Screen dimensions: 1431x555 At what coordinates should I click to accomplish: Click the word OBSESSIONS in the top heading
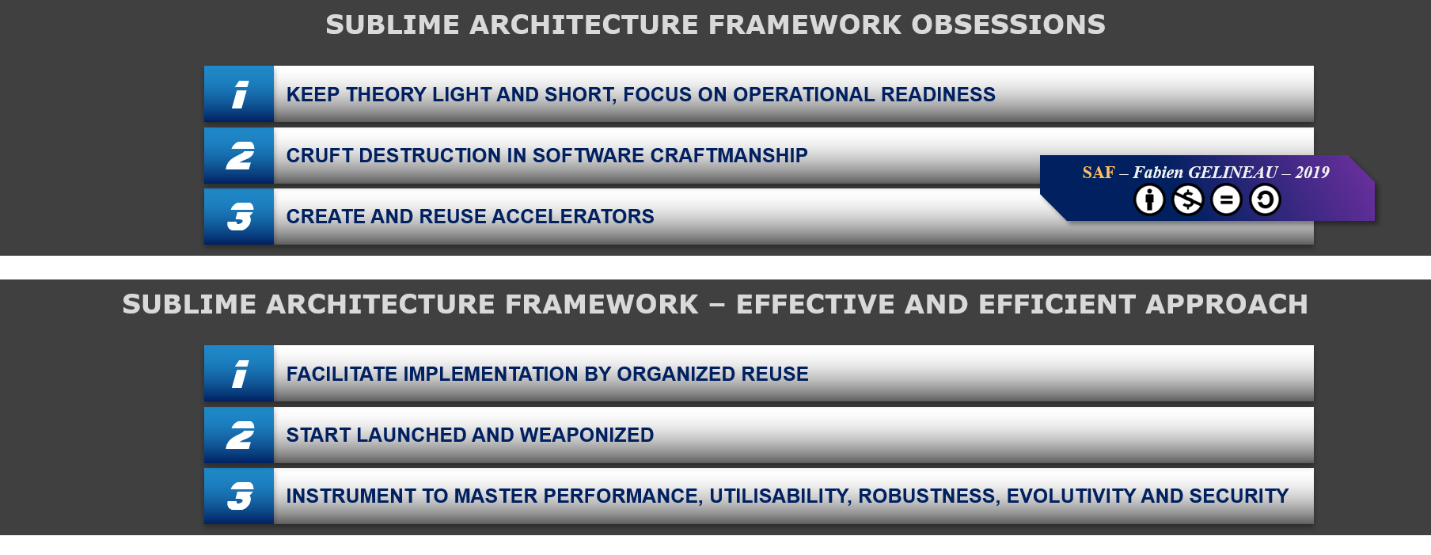[x=1008, y=25]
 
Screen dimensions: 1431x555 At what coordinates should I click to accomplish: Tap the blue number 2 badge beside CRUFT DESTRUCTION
[x=239, y=156]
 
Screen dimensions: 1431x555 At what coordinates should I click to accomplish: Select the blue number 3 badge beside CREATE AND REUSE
[x=239, y=217]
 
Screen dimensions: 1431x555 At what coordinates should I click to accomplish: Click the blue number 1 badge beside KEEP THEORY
[x=239, y=94]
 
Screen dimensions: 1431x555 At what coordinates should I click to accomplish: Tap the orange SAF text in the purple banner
[x=1099, y=173]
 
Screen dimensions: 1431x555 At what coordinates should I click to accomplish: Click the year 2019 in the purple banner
[x=1312, y=173]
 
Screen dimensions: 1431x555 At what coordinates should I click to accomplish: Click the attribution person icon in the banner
[x=1149, y=200]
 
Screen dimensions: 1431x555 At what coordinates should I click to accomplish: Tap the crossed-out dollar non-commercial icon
[x=1188, y=200]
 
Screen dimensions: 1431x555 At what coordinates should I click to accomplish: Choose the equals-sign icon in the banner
[x=1226, y=200]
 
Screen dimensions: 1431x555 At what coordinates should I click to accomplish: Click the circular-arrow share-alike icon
[x=1265, y=200]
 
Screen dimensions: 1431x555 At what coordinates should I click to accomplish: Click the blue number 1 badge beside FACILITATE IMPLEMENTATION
[x=239, y=374]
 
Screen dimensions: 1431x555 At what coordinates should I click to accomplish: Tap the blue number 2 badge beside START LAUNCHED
[x=239, y=435]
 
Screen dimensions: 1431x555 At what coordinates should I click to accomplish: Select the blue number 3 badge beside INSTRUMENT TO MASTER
[x=239, y=496]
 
